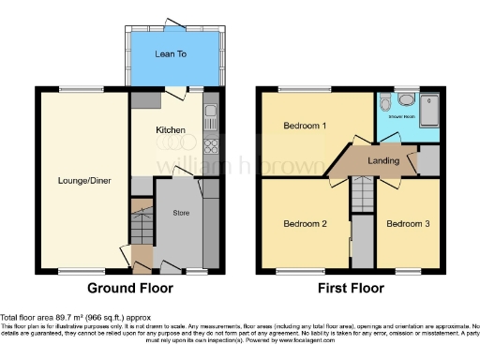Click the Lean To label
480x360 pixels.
tap(170, 54)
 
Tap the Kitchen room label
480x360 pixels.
tap(171, 129)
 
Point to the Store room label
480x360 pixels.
tap(182, 213)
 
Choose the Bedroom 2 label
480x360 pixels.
tap(306, 224)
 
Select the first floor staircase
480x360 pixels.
tap(362, 193)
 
